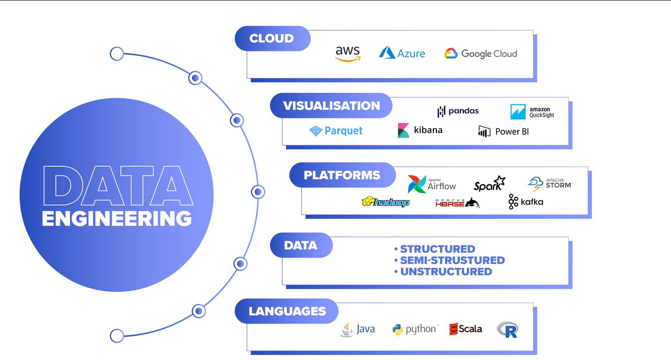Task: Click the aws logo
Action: point(348,53)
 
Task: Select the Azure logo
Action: point(401,53)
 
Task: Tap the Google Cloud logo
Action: point(481,54)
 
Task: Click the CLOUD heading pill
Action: point(272,39)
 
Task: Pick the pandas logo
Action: point(458,111)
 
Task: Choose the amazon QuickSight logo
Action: point(532,112)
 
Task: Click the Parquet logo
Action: point(336,131)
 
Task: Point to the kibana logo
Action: point(420,130)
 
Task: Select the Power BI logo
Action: point(503,131)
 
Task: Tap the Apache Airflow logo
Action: point(432,184)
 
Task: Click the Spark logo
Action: point(490,184)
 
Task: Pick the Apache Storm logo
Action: point(550,183)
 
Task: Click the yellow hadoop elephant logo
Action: point(385,202)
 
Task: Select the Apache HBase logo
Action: point(457,203)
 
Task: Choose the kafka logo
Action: point(526,202)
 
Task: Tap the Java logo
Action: point(358,329)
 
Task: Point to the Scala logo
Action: point(466,329)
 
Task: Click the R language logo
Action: point(507,329)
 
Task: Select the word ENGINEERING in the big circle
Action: point(117,218)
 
